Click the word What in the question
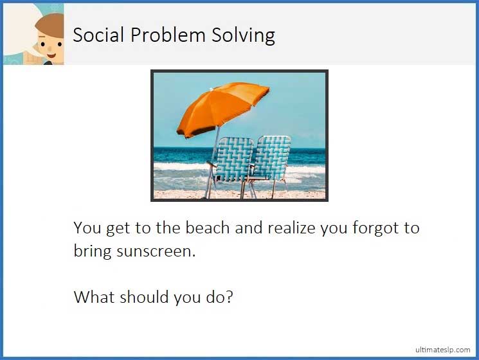(93, 297)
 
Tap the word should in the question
(145, 297)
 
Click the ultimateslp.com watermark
(442, 349)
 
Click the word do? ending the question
(221, 297)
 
